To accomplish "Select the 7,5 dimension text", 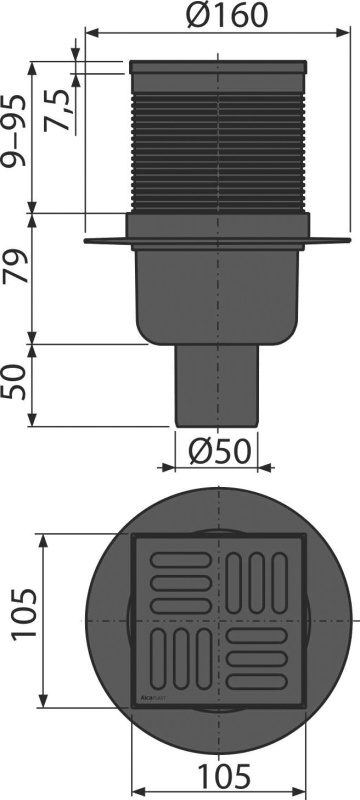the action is point(56,111).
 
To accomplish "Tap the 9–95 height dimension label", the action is point(14,131).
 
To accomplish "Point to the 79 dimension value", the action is point(14,266).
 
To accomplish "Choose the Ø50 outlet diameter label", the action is point(220,451).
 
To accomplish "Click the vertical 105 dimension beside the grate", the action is point(24,613).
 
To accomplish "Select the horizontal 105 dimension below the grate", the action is point(224,776).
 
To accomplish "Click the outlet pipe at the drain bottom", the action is point(217,386).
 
